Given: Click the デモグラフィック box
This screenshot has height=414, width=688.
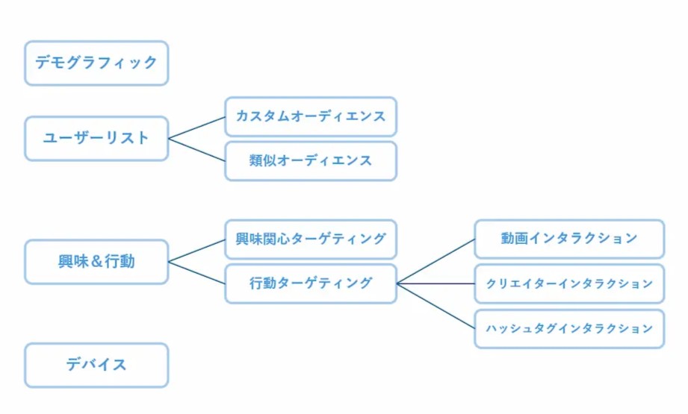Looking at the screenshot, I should click(x=96, y=63).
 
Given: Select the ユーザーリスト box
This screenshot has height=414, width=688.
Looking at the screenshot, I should click(x=96, y=138).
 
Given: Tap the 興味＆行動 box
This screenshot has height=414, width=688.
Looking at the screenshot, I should click(x=96, y=262).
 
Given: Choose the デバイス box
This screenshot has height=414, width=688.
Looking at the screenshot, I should click(x=96, y=365).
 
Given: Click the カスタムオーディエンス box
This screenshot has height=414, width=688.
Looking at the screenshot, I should click(x=311, y=116).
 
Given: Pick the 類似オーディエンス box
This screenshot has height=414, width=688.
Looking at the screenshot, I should click(x=311, y=160).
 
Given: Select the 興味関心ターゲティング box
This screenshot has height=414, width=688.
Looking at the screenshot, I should click(x=311, y=239).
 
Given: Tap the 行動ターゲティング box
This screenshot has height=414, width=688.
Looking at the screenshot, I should click(x=311, y=283).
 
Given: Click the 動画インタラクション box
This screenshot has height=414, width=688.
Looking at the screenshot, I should click(x=569, y=239).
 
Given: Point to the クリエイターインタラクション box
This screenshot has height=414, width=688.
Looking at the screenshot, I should click(x=569, y=283).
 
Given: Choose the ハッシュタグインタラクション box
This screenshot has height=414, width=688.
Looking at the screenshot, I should click(x=569, y=328).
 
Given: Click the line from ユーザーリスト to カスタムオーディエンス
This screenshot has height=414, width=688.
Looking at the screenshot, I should click(x=197, y=128).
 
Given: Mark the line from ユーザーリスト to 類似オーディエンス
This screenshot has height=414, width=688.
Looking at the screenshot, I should click(x=197, y=149).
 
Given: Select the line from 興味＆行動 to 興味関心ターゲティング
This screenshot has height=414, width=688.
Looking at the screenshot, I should click(x=197, y=251).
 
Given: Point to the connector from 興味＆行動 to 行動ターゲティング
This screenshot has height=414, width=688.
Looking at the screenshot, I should click(x=197, y=273).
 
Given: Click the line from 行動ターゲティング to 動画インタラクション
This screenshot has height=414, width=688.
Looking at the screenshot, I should click(x=436, y=262).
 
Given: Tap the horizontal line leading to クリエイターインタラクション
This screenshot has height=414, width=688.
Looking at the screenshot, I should click(x=436, y=283).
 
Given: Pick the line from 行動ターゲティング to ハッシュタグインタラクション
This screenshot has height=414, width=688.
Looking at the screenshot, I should click(x=436, y=306).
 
